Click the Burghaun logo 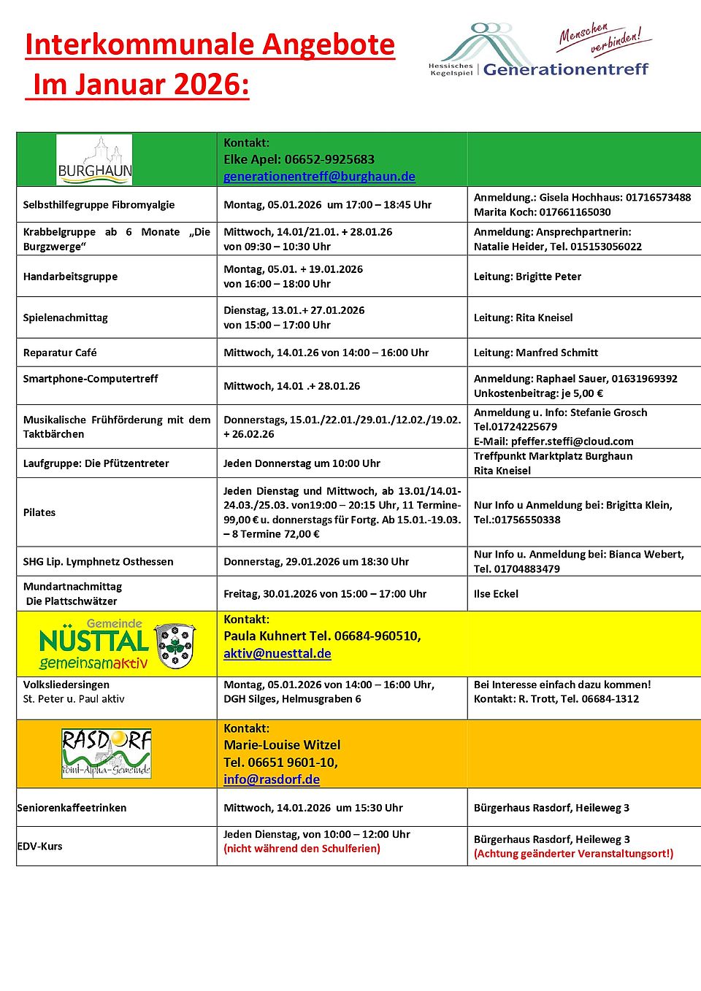click(x=94, y=160)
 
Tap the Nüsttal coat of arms click(x=175, y=645)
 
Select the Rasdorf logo click(x=106, y=753)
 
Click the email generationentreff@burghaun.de click(x=319, y=177)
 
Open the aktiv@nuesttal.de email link click(x=277, y=654)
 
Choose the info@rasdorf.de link click(x=272, y=779)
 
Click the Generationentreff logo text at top click(x=565, y=69)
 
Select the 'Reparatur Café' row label click(x=60, y=352)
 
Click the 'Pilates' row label click(x=39, y=512)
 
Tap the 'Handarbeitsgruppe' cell click(x=70, y=277)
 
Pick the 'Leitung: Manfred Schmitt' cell click(x=536, y=352)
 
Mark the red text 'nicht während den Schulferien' click(x=302, y=849)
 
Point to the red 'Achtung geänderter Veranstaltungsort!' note click(x=573, y=854)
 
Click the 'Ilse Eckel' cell click(x=496, y=594)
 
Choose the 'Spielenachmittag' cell click(x=65, y=317)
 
